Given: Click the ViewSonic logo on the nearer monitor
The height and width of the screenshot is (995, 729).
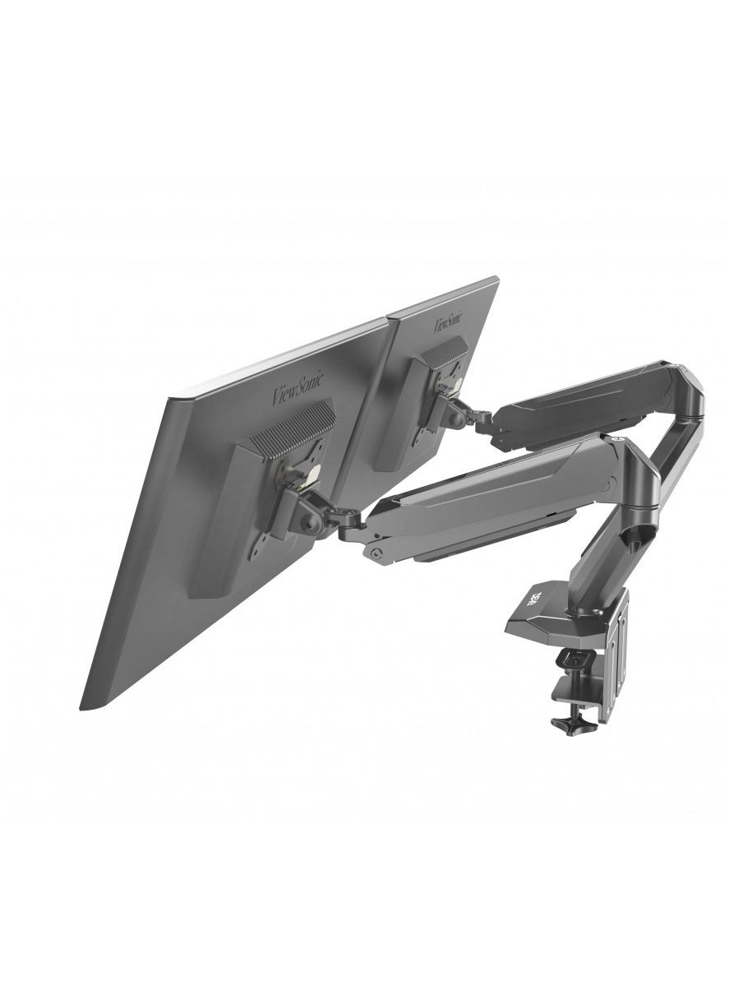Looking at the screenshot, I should (298, 387).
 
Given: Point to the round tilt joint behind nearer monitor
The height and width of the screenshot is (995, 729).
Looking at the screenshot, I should (313, 523).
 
